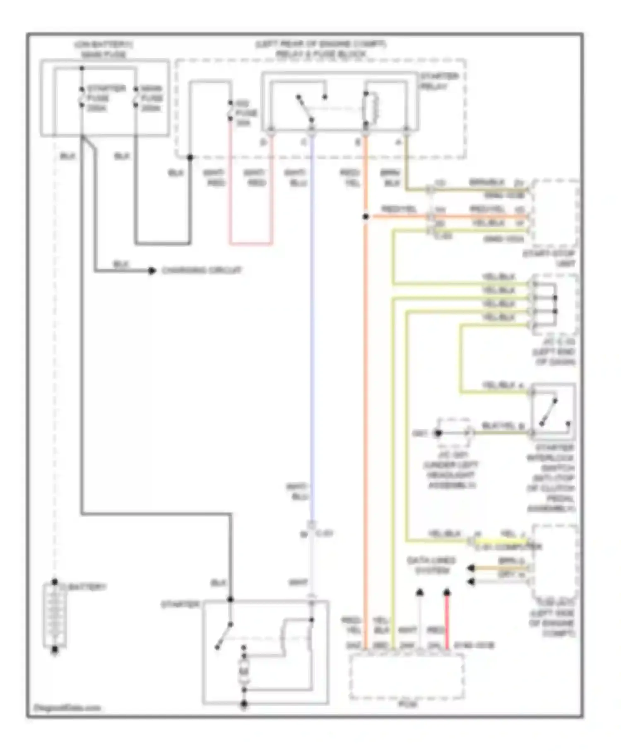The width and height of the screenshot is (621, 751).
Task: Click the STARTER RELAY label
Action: [439, 81]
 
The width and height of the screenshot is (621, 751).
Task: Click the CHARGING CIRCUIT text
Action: [202, 270]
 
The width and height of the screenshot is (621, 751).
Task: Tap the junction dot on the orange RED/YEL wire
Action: [366, 217]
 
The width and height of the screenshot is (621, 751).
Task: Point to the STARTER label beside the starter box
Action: [181, 605]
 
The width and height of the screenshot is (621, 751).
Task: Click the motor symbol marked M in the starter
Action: [244, 671]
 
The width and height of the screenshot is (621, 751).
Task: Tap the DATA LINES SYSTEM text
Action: [431, 566]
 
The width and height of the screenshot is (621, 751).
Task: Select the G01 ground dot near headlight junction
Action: [438, 433]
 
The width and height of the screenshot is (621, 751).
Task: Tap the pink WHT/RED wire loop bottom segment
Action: [251, 243]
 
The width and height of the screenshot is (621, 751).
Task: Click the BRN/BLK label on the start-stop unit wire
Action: [487, 183]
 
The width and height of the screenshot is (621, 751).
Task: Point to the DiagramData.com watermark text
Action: [67, 708]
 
